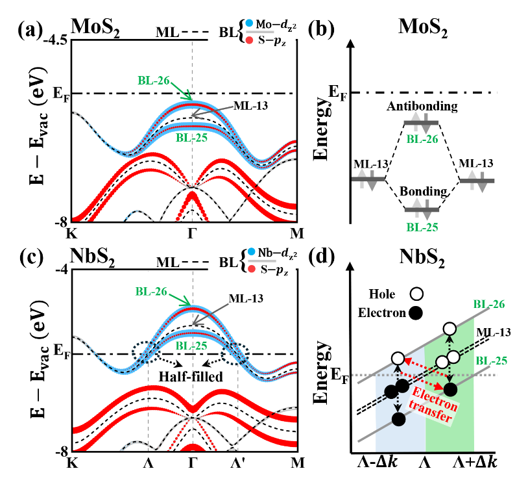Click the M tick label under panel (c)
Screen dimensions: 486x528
coord(297,463)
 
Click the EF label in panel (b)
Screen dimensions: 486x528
coord(337,92)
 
